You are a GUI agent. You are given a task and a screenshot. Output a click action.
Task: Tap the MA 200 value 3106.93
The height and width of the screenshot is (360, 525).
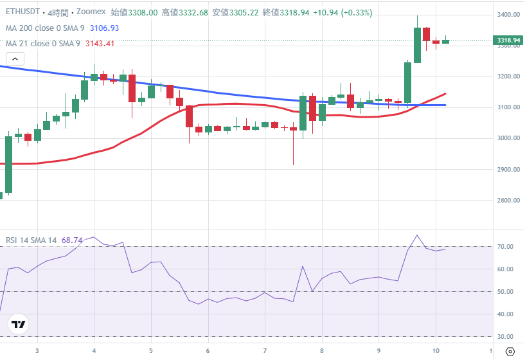[104, 28]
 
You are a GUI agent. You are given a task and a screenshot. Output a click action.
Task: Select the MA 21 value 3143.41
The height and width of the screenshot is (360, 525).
[99, 43]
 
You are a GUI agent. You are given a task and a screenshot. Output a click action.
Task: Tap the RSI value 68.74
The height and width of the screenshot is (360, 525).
[72, 240]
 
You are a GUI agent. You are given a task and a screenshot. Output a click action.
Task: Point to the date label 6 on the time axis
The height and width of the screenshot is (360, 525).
[208, 351]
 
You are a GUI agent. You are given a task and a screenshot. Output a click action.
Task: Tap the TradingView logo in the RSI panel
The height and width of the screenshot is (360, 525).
[19, 325]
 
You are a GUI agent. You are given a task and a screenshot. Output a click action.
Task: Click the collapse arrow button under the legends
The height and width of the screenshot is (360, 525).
[15, 59]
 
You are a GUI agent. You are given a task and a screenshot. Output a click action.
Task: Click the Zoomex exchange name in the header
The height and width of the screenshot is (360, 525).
[92, 12]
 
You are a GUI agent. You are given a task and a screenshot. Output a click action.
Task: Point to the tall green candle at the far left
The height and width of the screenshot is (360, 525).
[9, 164]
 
